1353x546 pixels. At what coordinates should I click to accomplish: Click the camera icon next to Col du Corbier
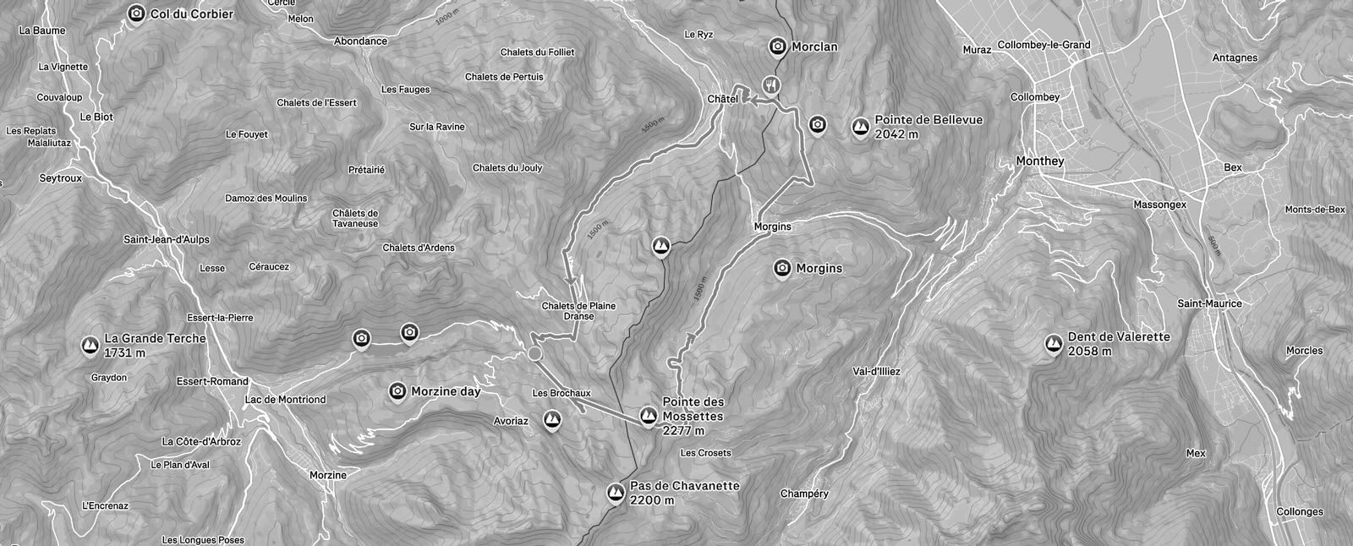click(x=135, y=14)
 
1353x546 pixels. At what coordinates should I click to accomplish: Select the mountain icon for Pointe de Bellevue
click(x=861, y=127)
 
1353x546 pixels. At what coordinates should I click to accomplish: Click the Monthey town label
click(x=1041, y=161)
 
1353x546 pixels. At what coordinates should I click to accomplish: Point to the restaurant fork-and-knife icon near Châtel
click(x=770, y=84)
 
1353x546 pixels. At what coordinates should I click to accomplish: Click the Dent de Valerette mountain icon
click(x=1054, y=343)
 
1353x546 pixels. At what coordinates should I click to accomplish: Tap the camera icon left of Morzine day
click(x=397, y=390)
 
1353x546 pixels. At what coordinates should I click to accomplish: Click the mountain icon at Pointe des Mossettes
click(x=648, y=415)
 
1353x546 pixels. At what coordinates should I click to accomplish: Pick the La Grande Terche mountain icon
click(x=90, y=345)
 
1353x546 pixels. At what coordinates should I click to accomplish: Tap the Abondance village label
click(x=360, y=41)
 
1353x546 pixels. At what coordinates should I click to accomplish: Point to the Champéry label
click(x=804, y=494)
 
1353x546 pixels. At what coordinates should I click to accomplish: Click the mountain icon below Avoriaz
click(x=552, y=418)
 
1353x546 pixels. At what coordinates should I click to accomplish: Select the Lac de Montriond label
click(x=285, y=400)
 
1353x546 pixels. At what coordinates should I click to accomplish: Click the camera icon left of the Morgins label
click(x=782, y=268)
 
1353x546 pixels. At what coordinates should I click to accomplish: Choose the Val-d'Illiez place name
click(x=877, y=371)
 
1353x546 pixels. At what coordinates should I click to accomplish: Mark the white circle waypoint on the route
click(x=534, y=353)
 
